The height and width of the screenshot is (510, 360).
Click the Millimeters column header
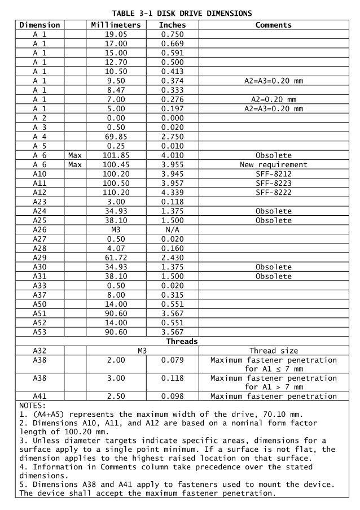click(x=116, y=25)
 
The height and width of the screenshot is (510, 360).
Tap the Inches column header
click(x=172, y=25)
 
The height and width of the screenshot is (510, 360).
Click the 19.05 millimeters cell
click(x=116, y=34)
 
